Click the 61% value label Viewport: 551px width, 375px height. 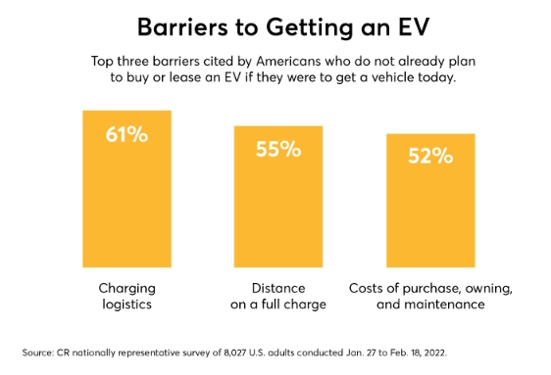click(x=126, y=134)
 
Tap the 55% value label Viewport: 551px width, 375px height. click(x=278, y=149)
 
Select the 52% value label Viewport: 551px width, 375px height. click(x=430, y=156)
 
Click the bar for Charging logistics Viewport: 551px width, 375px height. click(x=126, y=189)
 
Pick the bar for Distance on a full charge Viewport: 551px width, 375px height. click(x=278, y=197)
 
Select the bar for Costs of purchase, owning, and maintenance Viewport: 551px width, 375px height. click(x=430, y=201)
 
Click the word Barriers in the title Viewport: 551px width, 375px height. click(x=182, y=27)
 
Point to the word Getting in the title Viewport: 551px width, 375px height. click(x=309, y=28)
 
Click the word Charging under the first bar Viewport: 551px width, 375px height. click(x=126, y=289)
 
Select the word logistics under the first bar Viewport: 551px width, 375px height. click(x=126, y=305)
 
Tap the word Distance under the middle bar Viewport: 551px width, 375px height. click(x=278, y=289)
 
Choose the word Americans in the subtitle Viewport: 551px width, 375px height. click(x=288, y=62)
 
